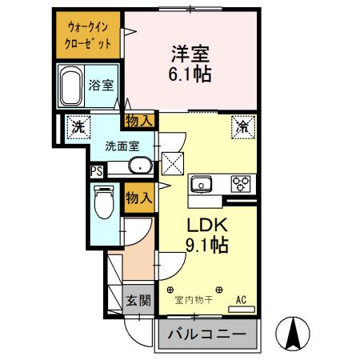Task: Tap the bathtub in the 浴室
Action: [71, 86]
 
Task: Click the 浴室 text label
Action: [100, 85]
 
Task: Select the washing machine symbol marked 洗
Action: [78, 127]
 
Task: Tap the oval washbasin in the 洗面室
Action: [141, 167]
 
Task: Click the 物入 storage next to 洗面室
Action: [139, 121]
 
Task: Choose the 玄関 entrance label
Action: [137, 302]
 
